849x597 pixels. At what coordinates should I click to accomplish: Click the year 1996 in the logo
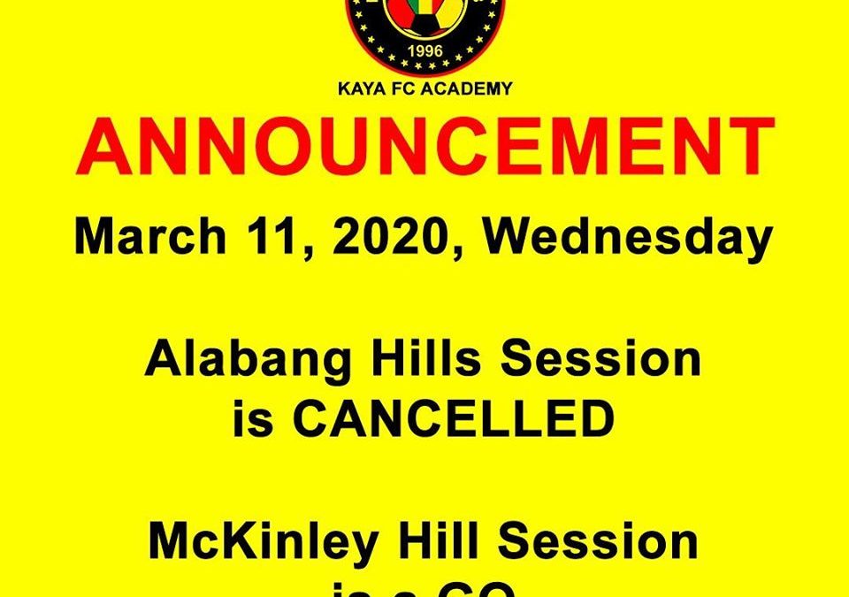(424, 50)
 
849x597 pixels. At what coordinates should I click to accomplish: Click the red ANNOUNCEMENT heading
(424, 148)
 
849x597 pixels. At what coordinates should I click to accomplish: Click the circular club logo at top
(424, 31)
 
